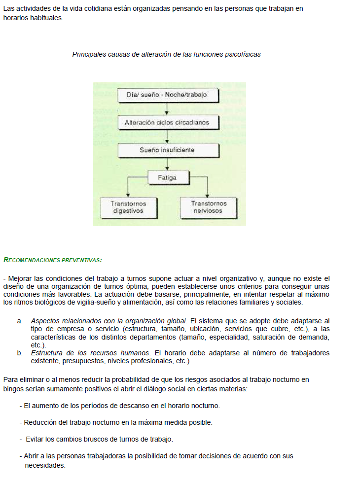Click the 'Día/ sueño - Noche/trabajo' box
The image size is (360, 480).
point(167,95)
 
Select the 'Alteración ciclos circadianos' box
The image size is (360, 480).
point(167,122)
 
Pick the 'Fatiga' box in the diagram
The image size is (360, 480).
point(167,177)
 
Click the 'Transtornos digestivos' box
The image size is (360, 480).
point(128,207)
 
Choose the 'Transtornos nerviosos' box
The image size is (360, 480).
point(208,207)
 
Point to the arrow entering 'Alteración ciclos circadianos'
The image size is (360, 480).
point(167,111)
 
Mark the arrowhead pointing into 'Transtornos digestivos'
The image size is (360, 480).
point(128,195)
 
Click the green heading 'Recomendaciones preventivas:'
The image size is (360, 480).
point(52,259)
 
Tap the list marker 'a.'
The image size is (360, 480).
point(20,321)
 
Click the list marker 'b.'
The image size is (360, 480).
point(20,353)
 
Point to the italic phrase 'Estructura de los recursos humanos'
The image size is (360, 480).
point(90,353)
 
